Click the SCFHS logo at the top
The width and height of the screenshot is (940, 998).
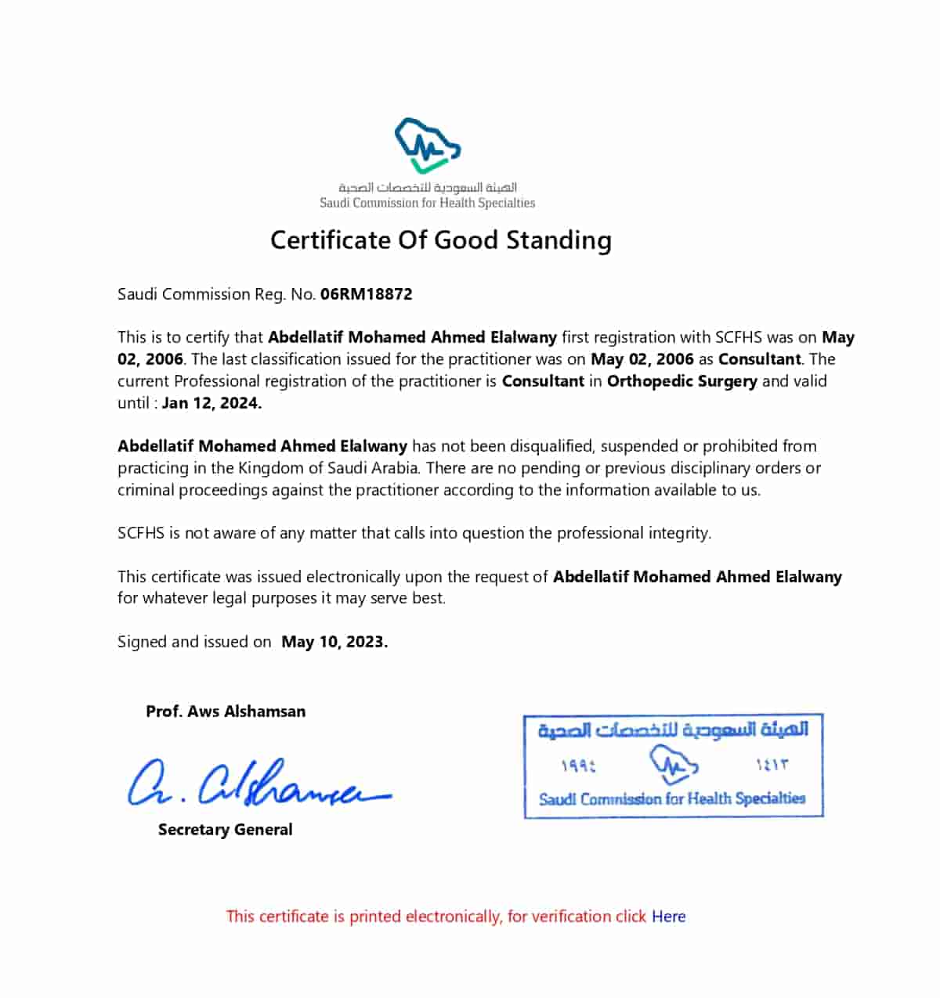[428, 146]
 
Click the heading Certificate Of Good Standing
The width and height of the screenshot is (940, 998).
[440, 240]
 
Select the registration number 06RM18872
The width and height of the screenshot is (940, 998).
[366, 294]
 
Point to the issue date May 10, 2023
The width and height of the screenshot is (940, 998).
[334, 642]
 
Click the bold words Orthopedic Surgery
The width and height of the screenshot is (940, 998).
[681, 381]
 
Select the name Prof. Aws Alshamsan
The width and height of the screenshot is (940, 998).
[226, 712]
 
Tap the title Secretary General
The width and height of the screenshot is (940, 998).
[225, 830]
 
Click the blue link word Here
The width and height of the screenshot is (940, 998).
[668, 917]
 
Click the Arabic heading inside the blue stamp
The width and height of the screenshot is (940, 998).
[673, 730]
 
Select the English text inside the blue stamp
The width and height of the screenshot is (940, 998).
[672, 799]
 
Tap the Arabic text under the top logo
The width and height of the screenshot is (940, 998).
[428, 188]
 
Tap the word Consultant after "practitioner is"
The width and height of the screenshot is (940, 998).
[543, 381]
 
